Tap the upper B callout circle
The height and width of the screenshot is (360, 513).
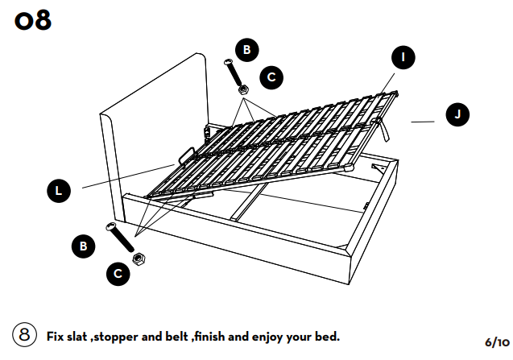pyautogui.click(x=246, y=50)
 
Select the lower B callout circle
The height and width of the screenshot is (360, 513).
pyautogui.click(x=84, y=246)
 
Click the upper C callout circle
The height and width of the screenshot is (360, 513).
pyautogui.click(x=271, y=77)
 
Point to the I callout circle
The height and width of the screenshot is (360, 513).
pyautogui.click(x=403, y=57)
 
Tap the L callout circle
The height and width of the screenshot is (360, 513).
pyautogui.click(x=58, y=191)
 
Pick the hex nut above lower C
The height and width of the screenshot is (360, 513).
pyautogui.click(x=138, y=258)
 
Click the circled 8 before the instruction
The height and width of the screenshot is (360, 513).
pyautogui.click(x=24, y=335)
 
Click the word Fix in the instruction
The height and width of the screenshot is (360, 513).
pyautogui.click(x=57, y=335)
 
